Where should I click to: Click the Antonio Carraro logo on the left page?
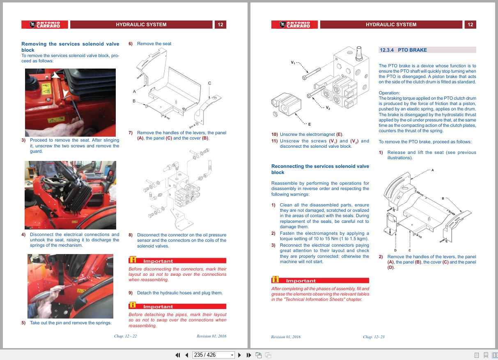(x=45, y=25)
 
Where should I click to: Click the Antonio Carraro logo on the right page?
(x=294, y=25)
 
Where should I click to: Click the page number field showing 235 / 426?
(x=213, y=355)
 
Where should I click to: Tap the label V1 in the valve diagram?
(x=293, y=62)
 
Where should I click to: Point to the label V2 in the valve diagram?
(x=328, y=108)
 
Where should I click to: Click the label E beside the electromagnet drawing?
(x=309, y=124)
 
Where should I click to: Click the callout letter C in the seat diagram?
(x=209, y=83)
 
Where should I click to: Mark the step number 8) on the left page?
(x=131, y=235)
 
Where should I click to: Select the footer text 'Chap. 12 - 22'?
(x=125, y=336)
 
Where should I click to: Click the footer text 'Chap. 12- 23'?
(x=374, y=337)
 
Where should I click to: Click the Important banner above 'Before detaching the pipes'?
(x=177, y=307)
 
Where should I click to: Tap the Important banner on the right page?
(x=320, y=281)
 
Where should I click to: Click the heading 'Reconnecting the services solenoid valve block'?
(x=320, y=169)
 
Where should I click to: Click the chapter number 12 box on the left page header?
(x=220, y=25)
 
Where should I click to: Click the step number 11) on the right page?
(x=274, y=141)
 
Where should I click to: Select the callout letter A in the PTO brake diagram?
(x=432, y=170)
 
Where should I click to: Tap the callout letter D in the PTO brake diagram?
(x=395, y=250)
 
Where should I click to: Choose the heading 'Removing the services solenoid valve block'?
(x=70, y=47)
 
